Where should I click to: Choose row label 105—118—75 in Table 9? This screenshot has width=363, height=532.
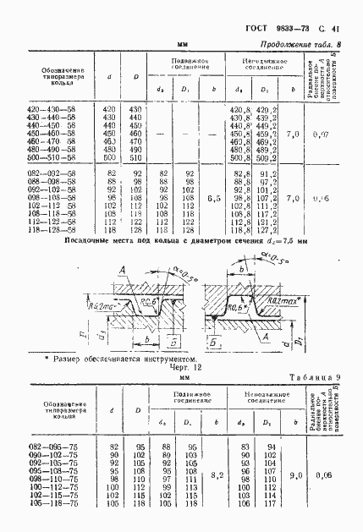click(53, 504)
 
